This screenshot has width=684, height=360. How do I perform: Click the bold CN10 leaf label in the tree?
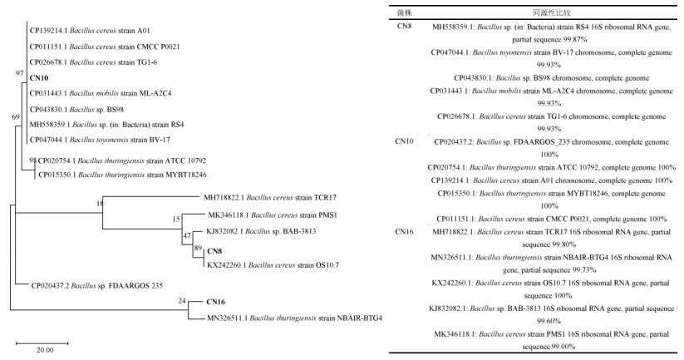coord(39,77)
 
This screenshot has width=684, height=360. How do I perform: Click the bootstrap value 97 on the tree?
coord(20,73)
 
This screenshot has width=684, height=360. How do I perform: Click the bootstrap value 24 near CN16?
coord(180,300)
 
